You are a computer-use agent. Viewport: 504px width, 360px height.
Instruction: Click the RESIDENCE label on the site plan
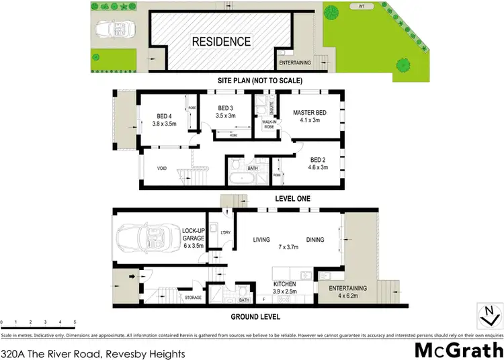tap(221, 41)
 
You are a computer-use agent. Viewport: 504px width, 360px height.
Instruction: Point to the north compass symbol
tap(490, 314)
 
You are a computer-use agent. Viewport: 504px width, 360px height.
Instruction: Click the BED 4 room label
tap(164, 119)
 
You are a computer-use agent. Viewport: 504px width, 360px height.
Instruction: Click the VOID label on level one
tap(162, 169)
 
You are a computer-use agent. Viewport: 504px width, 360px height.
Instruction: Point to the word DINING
tap(315, 240)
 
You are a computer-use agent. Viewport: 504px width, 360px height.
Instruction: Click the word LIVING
tap(261, 240)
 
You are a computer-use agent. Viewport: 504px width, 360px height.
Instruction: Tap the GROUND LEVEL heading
tap(257, 317)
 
